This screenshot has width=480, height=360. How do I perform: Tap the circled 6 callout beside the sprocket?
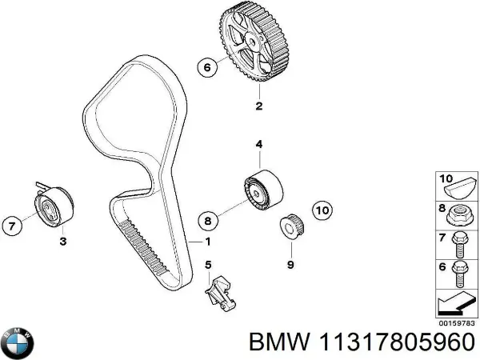[x=206, y=68]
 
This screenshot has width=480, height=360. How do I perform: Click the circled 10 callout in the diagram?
[x=321, y=210]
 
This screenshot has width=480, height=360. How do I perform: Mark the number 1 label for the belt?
[x=208, y=241]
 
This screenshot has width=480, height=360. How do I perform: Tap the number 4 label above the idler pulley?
[x=258, y=145]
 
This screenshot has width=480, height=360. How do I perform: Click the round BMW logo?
[x=18, y=342]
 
